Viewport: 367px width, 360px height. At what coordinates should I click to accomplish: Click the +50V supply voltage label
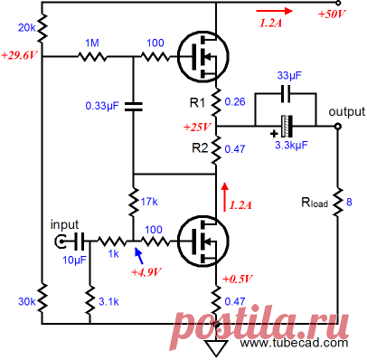[x=332, y=14]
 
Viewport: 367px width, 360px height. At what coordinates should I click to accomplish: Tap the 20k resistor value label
[x=27, y=28]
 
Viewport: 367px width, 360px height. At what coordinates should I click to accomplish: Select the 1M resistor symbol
[x=92, y=56]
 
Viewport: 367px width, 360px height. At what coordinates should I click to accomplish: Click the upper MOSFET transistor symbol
[x=203, y=56]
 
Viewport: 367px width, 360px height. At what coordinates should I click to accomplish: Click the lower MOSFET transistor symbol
[x=203, y=241]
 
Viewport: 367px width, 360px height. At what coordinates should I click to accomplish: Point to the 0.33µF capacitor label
[x=102, y=106]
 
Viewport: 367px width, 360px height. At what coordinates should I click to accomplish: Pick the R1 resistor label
[x=197, y=103]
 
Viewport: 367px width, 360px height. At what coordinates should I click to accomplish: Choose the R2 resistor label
[x=200, y=148]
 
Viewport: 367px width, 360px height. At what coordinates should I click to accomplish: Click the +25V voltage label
[x=197, y=127]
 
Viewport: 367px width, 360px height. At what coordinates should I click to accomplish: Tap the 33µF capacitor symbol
[x=286, y=93]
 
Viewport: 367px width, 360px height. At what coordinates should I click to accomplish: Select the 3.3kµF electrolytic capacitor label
[x=291, y=146]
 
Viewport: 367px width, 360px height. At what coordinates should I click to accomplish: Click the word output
[x=347, y=111]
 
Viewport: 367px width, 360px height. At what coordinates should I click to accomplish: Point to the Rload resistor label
[x=315, y=203]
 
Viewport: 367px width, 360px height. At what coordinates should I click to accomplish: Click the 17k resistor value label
[x=149, y=202]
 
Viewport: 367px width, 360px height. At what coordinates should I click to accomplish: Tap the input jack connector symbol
[x=61, y=241]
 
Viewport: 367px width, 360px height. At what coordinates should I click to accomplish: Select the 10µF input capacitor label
[x=74, y=260]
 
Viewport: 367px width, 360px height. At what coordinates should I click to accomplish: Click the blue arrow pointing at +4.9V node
[x=138, y=255]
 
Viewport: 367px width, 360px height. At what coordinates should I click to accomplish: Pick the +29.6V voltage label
[x=20, y=56]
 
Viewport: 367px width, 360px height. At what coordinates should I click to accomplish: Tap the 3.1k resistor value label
[x=108, y=301]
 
